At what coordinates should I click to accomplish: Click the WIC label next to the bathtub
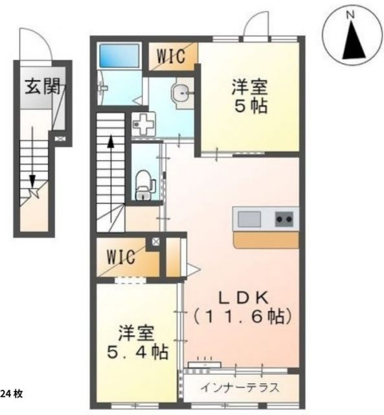(173, 55)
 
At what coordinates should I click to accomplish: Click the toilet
(144, 184)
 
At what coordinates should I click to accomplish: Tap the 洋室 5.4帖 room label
(136, 343)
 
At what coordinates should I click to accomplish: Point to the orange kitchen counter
(265, 241)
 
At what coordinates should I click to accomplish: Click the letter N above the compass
(350, 14)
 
